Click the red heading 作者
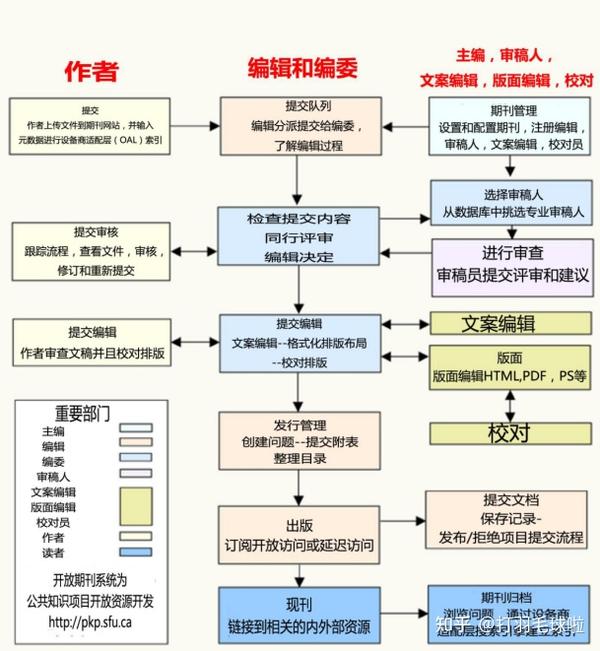click(x=91, y=69)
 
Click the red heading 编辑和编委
click(x=302, y=67)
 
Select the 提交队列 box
click(x=301, y=126)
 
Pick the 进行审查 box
click(x=512, y=263)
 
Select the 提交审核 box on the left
click(x=91, y=250)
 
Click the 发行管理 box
click(x=300, y=440)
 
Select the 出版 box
click(x=300, y=535)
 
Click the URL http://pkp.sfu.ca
click(x=89, y=621)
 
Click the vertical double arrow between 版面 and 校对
click(x=511, y=404)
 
